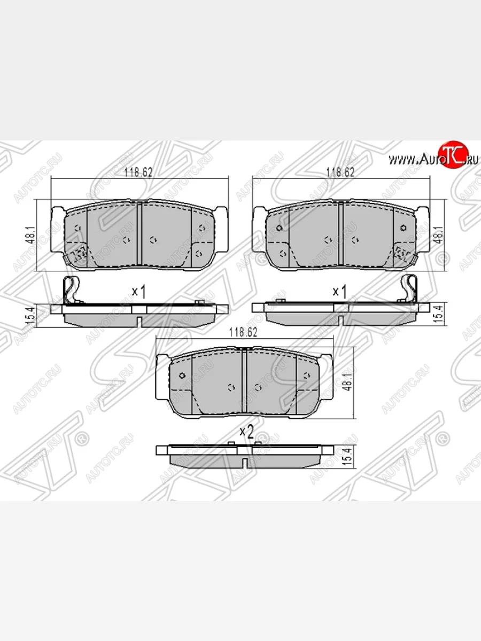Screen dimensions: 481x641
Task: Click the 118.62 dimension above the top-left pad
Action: coord(138,173)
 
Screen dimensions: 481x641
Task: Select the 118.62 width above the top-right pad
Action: coord(340,173)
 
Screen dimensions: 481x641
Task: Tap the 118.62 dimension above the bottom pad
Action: coord(243,332)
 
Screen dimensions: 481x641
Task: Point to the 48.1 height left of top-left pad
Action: coord(32,235)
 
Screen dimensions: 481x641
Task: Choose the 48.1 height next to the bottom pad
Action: coord(348,383)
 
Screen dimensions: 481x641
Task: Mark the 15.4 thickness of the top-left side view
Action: coord(32,315)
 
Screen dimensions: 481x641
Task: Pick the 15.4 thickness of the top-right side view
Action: coord(439,313)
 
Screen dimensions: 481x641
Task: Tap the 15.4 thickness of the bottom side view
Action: coord(348,458)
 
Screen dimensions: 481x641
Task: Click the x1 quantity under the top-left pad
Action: coord(139,292)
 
